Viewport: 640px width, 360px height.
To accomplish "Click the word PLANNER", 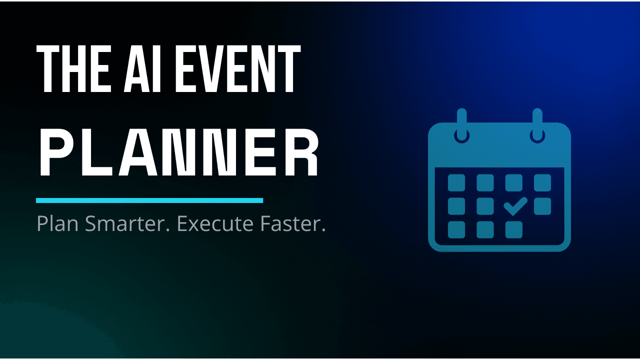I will pyautogui.click(x=179, y=153).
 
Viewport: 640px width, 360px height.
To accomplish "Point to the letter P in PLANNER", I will pyautogui.click(x=52, y=153).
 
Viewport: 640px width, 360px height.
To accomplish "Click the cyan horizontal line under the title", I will pyautogui.click(x=149, y=200).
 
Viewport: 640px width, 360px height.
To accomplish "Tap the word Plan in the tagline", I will pyautogui.click(x=58, y=224).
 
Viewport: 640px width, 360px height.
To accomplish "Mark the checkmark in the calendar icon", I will pyautogui.click(x=514, y=205).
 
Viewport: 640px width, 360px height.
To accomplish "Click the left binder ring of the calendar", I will pyautogui.click(x=461, y=125).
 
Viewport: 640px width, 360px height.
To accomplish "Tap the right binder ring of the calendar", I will pyautogui.click(x=538, y=125).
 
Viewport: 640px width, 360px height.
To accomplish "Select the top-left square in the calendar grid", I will pyautogui.click(x=456, y=182).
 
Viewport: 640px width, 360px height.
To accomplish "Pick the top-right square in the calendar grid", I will pyautogui.click(x=542, y=182).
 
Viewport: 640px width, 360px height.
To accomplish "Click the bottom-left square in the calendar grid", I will pyautogui.click(x=456, y=229).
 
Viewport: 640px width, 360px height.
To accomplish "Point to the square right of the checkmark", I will pyautogui.click(x=542, y=206).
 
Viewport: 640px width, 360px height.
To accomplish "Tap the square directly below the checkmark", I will pyautogui.click(x=514, y=229).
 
